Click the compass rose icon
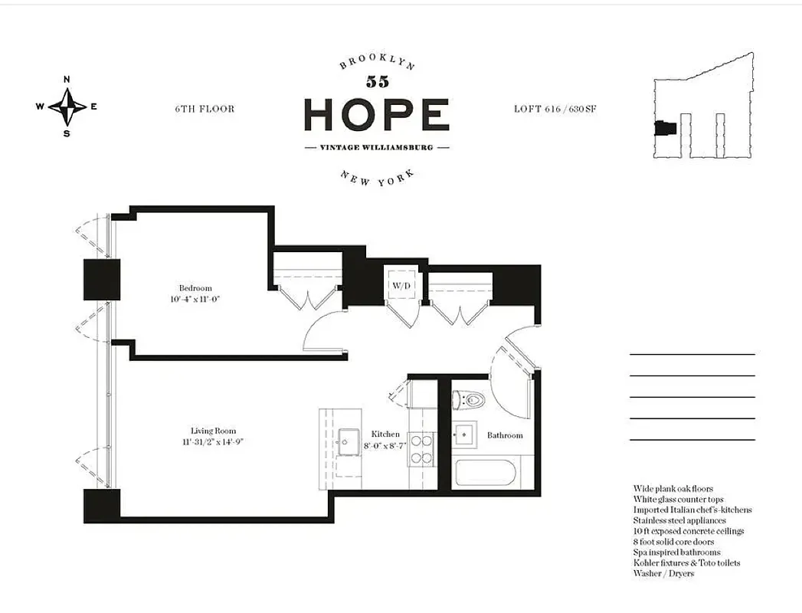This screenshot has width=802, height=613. pyautogui.click(x=67, y=107)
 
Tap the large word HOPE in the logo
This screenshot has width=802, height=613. pyautogui.click(x=376, y=115)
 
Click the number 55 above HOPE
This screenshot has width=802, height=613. pyautogui.click(x=377, y=82)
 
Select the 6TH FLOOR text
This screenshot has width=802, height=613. pyautogui.click(x=205, y=109)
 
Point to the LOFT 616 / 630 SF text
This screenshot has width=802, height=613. pyautogui.click(x=555, y=109)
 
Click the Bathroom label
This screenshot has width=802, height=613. pyautogui.click(x=505, y=435)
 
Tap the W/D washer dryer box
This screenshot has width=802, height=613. pyautogui.click(x=401, y=285)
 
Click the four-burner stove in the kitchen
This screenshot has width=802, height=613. pyautogui.click(x=421, y=449)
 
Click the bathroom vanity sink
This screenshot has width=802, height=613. pyautogui.click(x=464, y=434)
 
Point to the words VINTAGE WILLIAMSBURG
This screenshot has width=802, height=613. pyautogui.click(x=376, y=147)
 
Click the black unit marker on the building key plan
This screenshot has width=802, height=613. pyautogui.click(x=662, y=129)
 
